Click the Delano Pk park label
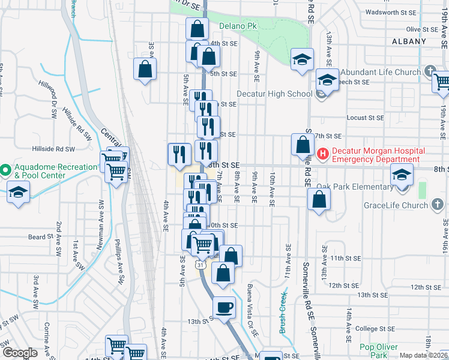pyautogui.click(x=238, y=26)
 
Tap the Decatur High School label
pyautogui.click(x=274, y=94)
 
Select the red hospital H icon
pyautogui.click(x=323, y=154)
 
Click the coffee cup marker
pyautogui.click(x=225, y=308)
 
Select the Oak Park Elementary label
pyautogui.click(x=354, y=187)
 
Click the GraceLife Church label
pyautogui.click(x=395, y=205)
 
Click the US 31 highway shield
pyautogui.click(x=199, y=264)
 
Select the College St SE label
pyautogui.click(x=375, y=328)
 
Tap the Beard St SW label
pyautogui.click(x=41, y=238)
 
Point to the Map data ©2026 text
pyautogui.click(x=424, y=355)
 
